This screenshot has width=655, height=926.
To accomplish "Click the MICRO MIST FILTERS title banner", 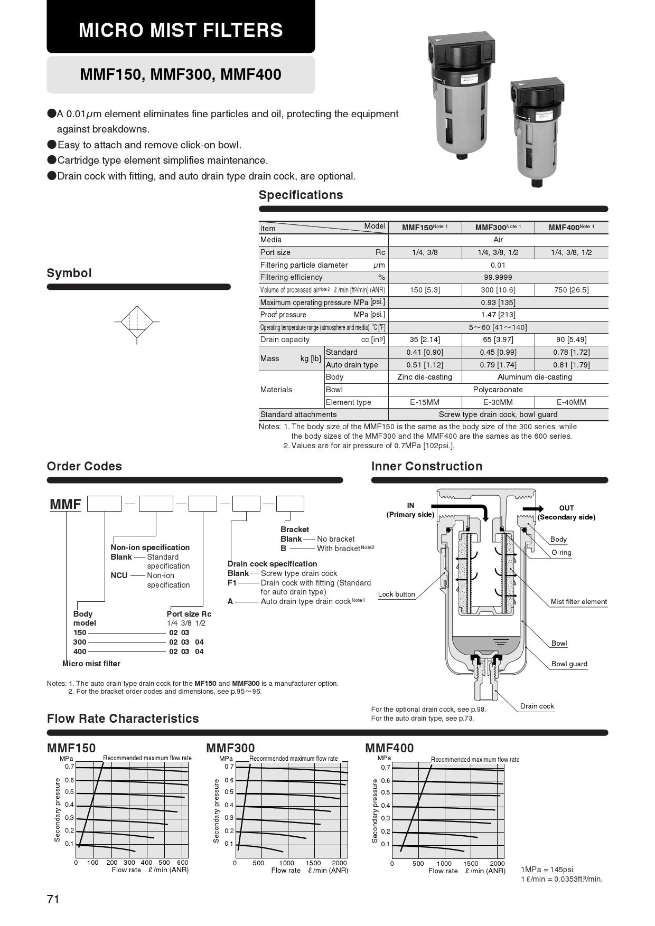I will [x=181, y=30].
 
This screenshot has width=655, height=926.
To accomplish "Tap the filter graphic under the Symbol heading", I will [x=137, y=321].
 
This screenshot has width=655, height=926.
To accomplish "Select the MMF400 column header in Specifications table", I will [x=570, y=228].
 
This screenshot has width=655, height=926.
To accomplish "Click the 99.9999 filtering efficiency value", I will [x=498, y=277].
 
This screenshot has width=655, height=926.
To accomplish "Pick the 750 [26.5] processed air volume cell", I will [x=571, y=290].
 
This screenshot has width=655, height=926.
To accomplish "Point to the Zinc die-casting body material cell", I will [x=424, y=377].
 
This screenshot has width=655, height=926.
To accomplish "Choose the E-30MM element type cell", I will [x=498, y=402].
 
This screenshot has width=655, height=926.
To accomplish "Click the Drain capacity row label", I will [x=285, y=339].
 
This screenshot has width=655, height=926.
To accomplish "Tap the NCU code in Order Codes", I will [x=119, y=575].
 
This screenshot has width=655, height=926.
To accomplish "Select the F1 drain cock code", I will [x=232, y=583].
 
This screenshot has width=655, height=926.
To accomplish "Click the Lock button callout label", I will [x=396, y=594].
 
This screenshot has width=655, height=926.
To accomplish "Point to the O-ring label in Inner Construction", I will [x=561, y=553].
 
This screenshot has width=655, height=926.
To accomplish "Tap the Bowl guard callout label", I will [x=569, y=664].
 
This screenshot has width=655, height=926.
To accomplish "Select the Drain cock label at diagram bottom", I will [x=537, y=706].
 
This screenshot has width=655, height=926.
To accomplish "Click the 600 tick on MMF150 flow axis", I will [x=182, y=863].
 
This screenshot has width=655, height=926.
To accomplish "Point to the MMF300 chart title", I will [x=230, y=748].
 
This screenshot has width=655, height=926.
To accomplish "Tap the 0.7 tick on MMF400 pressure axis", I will [x=385, y=768].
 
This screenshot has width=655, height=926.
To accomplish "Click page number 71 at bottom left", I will [x=53, y=900].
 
